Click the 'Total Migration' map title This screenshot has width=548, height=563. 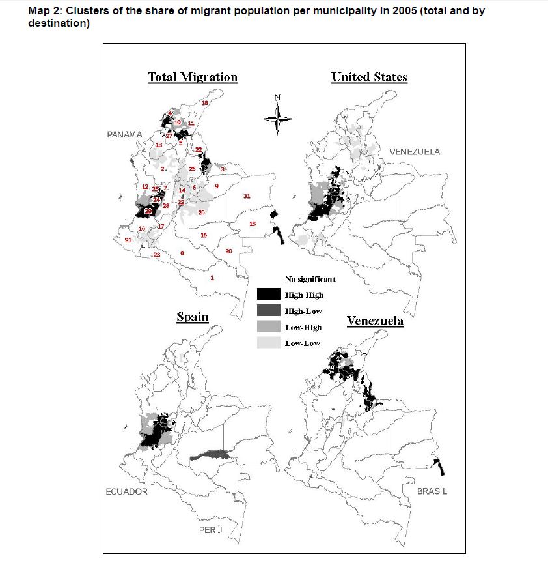coord(193,77)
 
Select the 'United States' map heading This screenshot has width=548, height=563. coord(369,77)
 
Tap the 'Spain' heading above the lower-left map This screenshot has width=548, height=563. coord(193,317)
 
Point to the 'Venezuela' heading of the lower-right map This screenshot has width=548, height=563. coord(375,321)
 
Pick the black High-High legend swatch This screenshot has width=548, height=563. coord(268,295)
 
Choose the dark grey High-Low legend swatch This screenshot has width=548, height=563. coord(268,311)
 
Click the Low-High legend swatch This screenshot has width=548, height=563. coord(268,327)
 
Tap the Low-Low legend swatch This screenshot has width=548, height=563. coord(268,343)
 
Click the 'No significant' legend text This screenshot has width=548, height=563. coord(310,279)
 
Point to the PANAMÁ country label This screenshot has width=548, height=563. coord(124,134)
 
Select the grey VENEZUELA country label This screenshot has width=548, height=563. coord(415,152)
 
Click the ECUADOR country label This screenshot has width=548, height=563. coord(127,491)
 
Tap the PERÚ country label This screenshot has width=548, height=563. coord(211,530)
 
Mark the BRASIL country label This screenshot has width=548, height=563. coord(432,491)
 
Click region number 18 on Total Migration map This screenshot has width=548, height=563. coord(204,104)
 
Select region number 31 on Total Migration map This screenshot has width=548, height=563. coord(247,196)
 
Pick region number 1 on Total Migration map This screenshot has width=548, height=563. coord(212,278)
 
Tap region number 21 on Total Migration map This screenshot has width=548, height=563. coord(128,240)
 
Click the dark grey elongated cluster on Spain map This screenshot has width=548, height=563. coord(210,453)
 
